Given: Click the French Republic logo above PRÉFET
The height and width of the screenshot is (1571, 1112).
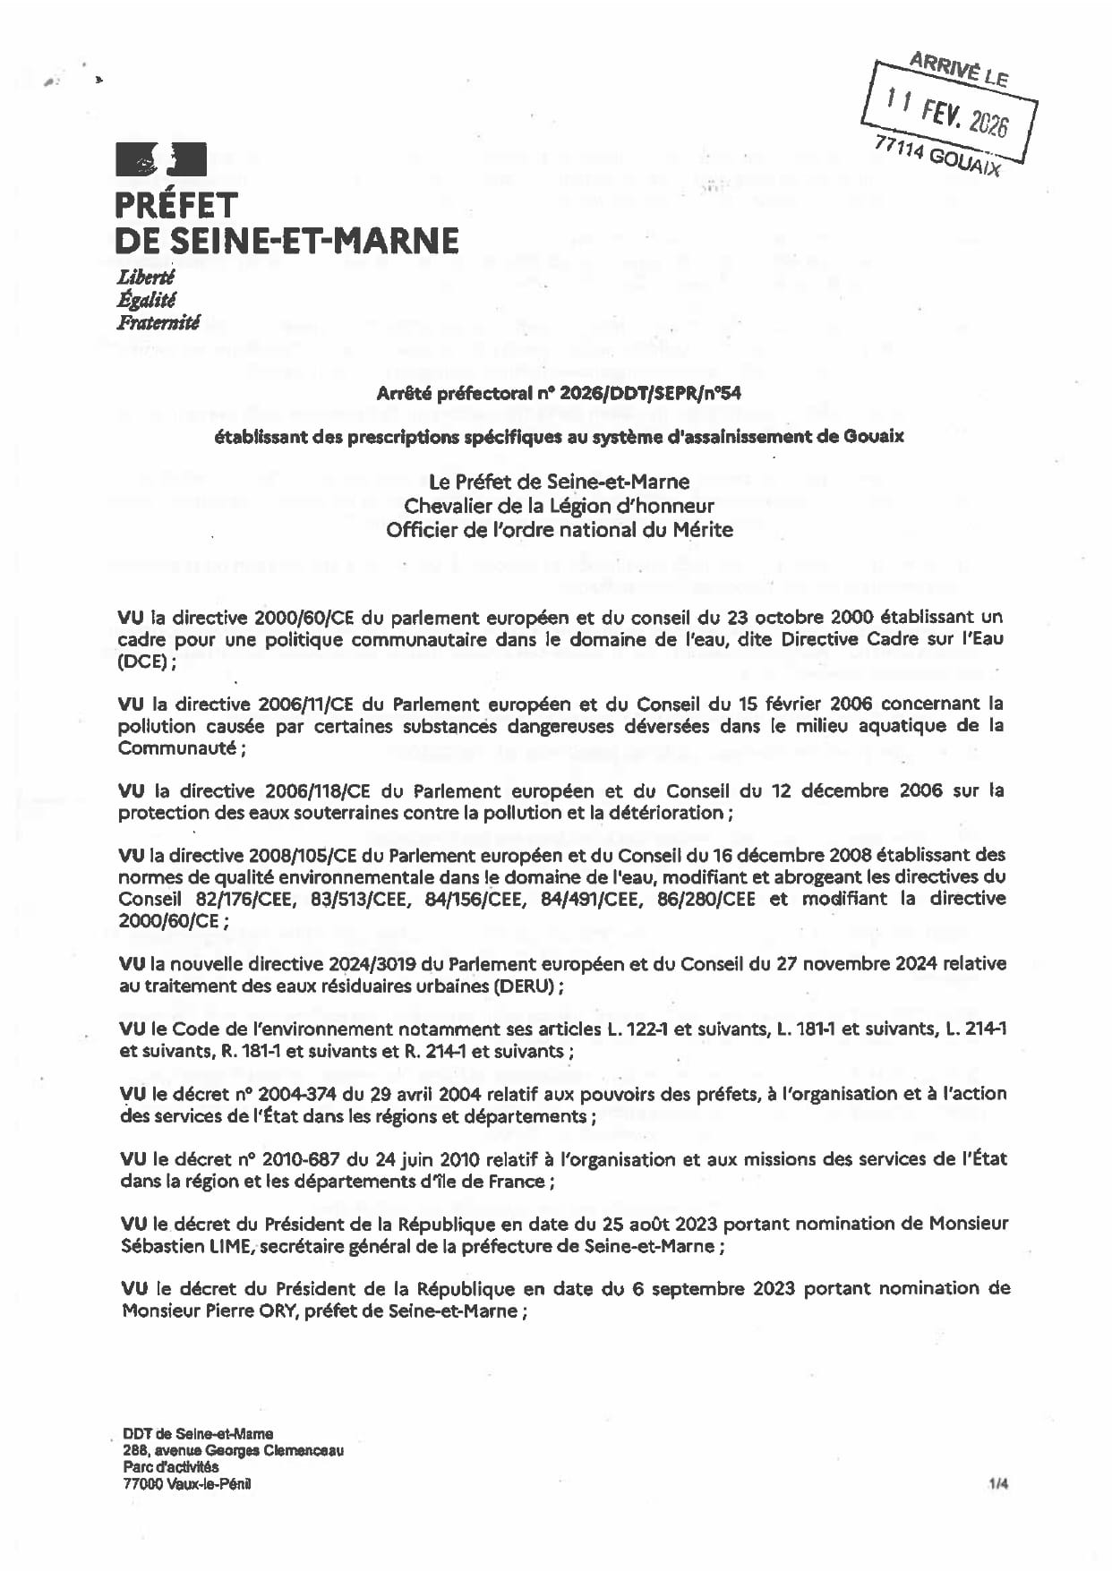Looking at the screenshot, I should coord(161,160).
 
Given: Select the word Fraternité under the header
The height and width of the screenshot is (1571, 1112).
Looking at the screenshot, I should coord(158,322).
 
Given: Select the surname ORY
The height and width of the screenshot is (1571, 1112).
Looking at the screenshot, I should coord(274,1311).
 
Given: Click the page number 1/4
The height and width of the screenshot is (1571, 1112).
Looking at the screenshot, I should coord(998,1484).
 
